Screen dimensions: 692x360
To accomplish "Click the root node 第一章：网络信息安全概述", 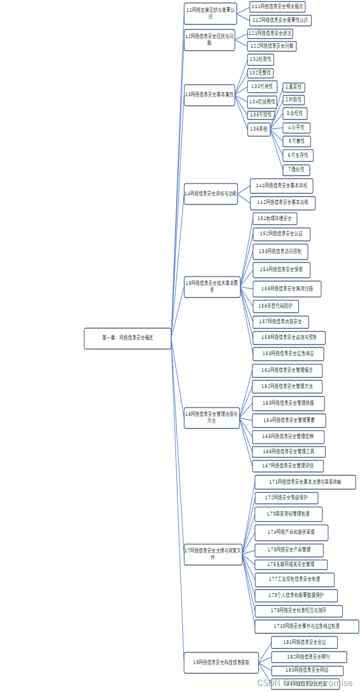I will [127, 338].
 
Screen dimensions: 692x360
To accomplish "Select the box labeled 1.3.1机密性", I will [260, 60].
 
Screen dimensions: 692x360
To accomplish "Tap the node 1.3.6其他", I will [258, 129].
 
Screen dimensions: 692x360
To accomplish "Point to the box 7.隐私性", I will [296, 170].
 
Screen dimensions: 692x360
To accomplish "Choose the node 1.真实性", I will [293, 88].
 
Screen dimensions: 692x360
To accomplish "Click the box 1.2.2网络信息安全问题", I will [272, 46].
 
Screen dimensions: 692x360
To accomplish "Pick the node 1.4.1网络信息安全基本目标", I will [281, 186].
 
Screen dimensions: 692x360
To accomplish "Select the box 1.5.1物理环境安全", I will [275, 219].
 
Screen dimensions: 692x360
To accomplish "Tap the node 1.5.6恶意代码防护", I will [275, 306].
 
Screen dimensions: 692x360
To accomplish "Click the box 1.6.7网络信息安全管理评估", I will [288, 466].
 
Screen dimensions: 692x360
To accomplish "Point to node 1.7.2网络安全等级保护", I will [286, 498].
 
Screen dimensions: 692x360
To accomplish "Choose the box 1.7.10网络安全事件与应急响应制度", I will [307, 626].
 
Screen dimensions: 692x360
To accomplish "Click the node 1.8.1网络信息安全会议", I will [304, 643].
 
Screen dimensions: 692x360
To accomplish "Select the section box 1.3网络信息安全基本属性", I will [209, 95].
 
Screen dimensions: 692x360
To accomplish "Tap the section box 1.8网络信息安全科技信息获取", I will [221, 662].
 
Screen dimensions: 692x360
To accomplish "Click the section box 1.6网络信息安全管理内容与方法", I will [211, 418].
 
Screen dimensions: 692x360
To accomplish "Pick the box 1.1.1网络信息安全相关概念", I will [277, 7].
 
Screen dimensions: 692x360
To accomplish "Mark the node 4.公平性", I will [296, 128].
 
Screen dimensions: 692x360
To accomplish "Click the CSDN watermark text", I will [304, 683].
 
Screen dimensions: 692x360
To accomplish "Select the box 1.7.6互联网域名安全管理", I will [291, 565].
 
